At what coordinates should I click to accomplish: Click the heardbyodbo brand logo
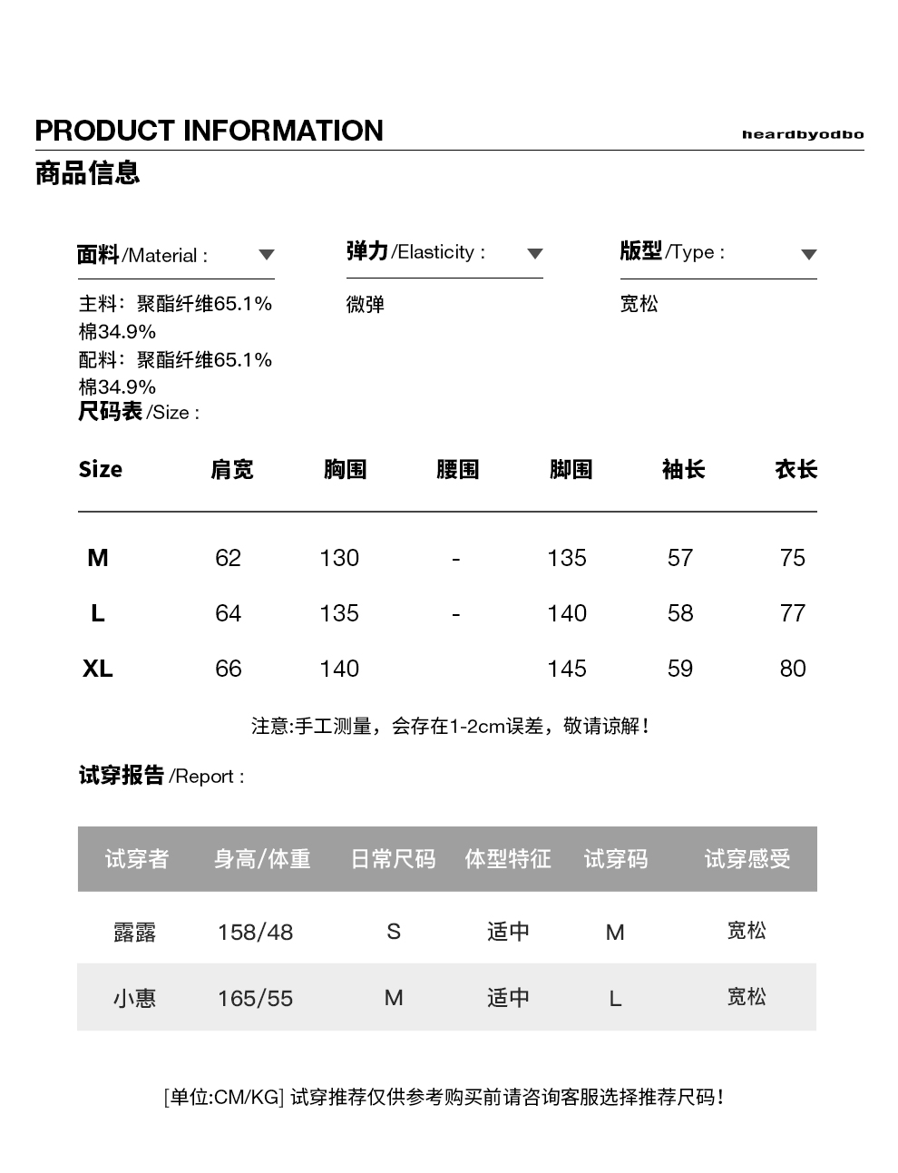[x=802, y=134]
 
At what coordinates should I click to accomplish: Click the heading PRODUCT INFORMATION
[x=209, y=131]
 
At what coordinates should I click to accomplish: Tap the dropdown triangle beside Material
[x=266, y=255]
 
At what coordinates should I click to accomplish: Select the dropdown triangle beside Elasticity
[x=535, y=254]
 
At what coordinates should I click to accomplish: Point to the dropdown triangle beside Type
[x=809, y=254]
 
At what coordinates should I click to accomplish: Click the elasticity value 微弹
[x=366, y=305]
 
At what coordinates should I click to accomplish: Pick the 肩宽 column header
[x=232, y=469]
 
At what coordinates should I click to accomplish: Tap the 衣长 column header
[x=796, y=469]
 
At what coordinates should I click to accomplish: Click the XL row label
[x=98, y=669]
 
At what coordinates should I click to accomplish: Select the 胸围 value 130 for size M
[x=339, y=558]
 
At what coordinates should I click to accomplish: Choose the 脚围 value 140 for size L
[x=567, y=613]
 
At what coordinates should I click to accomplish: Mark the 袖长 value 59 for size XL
[x=680, y=669]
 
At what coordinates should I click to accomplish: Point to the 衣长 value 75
[x=792, y=558]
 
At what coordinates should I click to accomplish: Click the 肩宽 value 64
[x=228, y=613]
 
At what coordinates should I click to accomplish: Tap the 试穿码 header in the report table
[x=615, y=858]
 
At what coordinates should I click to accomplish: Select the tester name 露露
[x=135, y=932]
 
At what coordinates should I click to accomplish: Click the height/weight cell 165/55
[x=255, y=999]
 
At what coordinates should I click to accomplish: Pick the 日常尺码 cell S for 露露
[x=394, y=932]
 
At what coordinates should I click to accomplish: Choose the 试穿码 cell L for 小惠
[x=615, y=999]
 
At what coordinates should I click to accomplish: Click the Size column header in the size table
[x=100, y=469]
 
